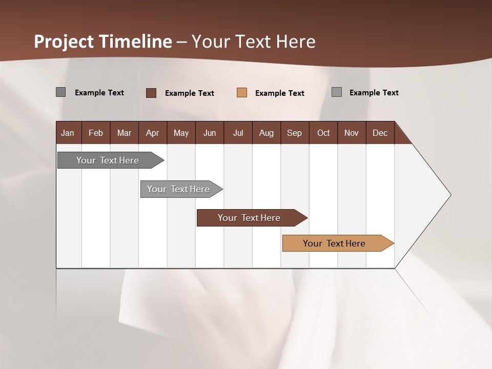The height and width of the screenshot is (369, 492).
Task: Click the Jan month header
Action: coord(68,133)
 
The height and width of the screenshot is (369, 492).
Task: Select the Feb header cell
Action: coord(96,133)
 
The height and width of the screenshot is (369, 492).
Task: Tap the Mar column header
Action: coord(124,133)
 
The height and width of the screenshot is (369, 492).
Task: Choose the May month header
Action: coord(181,133)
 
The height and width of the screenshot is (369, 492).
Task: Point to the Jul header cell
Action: coord(238,133)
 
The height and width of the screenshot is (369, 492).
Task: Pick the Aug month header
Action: coord(266,133)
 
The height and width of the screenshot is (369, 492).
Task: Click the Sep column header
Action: coord(294,133)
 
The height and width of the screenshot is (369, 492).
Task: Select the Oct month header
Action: coord(323,133)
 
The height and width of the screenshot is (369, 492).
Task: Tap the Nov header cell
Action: coord(352,133)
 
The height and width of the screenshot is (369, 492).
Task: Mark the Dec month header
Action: coord(380,133)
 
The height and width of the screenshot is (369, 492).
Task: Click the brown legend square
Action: coord(151,93)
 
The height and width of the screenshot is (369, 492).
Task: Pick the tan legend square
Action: coord(242,93)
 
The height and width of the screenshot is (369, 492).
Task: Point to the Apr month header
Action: coord(152,133)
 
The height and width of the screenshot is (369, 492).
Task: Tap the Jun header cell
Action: coord(210,133)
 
